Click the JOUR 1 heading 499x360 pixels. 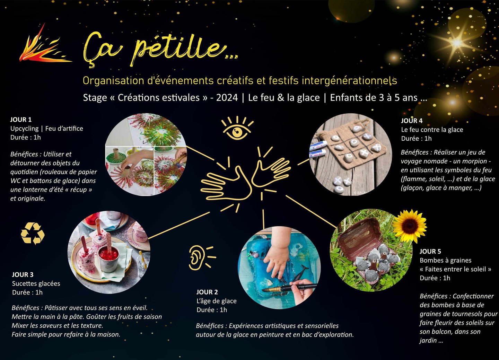(21, 120)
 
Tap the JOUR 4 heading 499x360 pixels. (412, 121)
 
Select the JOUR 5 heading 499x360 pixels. (430, 252)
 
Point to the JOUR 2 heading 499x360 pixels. (207, 292)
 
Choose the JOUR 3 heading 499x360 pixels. (23, 275)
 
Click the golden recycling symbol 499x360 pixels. (33, 234)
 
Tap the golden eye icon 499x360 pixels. (237, 128)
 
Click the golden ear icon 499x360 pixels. (202, 258)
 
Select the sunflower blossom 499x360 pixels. (410, 226)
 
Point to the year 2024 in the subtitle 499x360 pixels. (227, 98)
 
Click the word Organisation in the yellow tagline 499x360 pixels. (114, 81)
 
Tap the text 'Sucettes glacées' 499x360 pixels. (36, 283)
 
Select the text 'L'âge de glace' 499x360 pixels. (217, 301)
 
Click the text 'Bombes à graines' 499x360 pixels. (446, 260)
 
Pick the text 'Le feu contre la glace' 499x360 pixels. (432, 130)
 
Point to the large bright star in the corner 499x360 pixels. (457, 43)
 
